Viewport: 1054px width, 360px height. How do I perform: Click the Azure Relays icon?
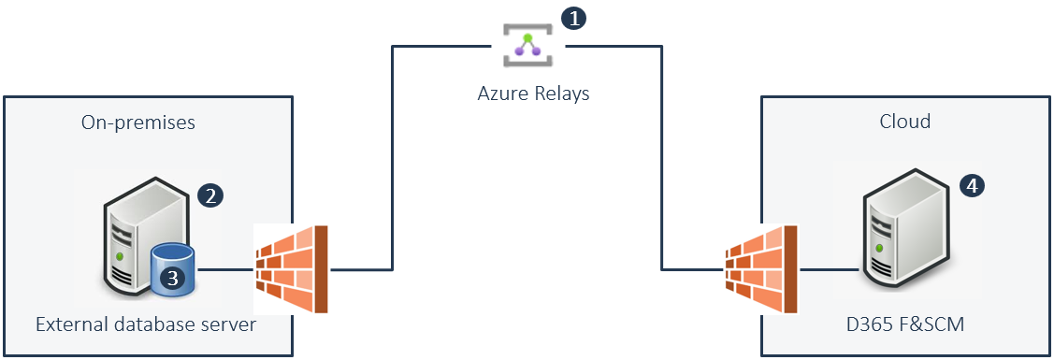[527, 46]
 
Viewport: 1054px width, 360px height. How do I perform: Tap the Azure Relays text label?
[533, 93]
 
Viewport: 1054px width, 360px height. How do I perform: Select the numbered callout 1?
[573, 18]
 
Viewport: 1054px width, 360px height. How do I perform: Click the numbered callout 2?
[210, 195]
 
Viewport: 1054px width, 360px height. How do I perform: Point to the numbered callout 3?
[173, 278]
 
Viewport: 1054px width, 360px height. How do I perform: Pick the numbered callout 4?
[972, 185]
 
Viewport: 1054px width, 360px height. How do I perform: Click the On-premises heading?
[137, 122]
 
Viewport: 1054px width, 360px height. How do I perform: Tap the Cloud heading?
[904, 121]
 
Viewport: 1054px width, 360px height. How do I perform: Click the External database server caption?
[146, 325]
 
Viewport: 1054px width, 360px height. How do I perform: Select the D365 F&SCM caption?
[905, 325]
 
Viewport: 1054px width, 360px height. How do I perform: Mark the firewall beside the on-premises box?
[291, 268]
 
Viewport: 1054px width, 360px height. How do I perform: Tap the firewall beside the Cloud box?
[762, 268]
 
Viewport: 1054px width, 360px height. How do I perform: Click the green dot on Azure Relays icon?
[527, 36]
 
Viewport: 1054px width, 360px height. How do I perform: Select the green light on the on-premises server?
[119, 256]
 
